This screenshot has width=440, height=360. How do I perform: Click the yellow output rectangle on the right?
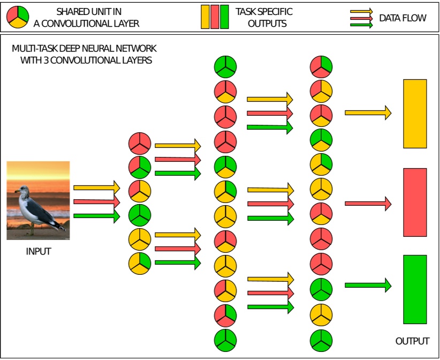pyautogui.click(x=415, y=114)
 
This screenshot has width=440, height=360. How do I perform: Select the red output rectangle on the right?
pyautogui.click(x=415, y=202)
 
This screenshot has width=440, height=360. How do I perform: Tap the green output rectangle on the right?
pyautogui.click(x=415, y=289)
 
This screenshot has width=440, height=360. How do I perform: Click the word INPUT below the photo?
pyautogui.click(x=39, y=251)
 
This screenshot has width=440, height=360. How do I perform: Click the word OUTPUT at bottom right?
pyautogui.click(x=412, y=341)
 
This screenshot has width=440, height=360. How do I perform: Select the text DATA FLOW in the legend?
pyautogui.click(x=403, y=18)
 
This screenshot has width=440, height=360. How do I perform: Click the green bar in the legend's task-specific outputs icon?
pyautogui.click(x=224, y=17)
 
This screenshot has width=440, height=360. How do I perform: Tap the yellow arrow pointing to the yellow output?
pyautogui.click(x=368, y=112)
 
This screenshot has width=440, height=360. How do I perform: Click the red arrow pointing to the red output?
pyautogui.click(x=368, y=203)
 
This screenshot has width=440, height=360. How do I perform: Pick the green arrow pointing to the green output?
pyautogui.click(x=368, y=285)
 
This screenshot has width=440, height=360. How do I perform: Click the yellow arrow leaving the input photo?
pyautogui.click(x=97, y=187)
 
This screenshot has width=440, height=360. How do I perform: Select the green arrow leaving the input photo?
pyautogui.click(x=97, y=215)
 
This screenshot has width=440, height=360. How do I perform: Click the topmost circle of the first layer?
pyautogui.click(x=140, y=143)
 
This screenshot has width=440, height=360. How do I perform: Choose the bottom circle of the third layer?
pyautogui.click(x=321, y=339)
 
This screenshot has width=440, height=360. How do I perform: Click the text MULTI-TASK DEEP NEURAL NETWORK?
pyautogui.click(x=85, y=49)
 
